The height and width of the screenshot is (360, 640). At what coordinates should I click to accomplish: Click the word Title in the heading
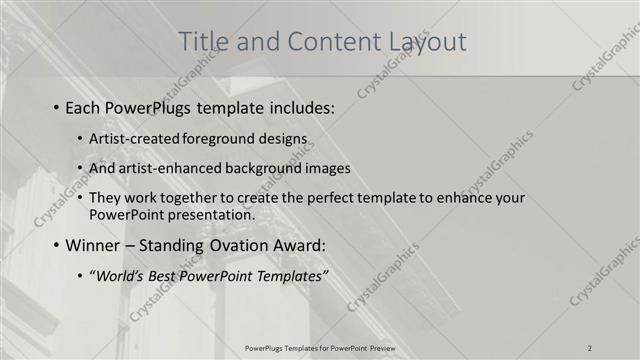pyautogui.click(x=201, y=42)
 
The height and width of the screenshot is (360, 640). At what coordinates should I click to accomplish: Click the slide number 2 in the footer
pyautogui.click(x=590, y=348)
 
